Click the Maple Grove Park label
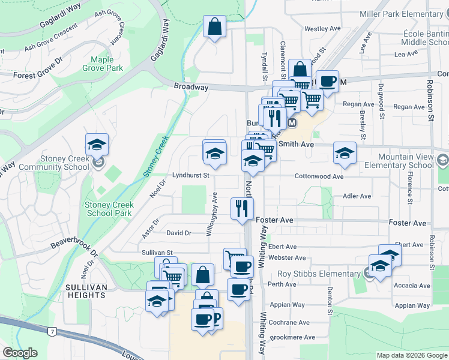(106, 64)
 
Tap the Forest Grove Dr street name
(37, 75)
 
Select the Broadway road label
(191, 87)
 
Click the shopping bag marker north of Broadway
(214, 27)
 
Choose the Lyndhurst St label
(190, 176)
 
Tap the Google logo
(20, 353)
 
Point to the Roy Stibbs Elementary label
(324, 274)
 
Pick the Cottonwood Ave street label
(319, 176)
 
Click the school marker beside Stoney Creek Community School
(97, 145)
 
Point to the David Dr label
(178, 233)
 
